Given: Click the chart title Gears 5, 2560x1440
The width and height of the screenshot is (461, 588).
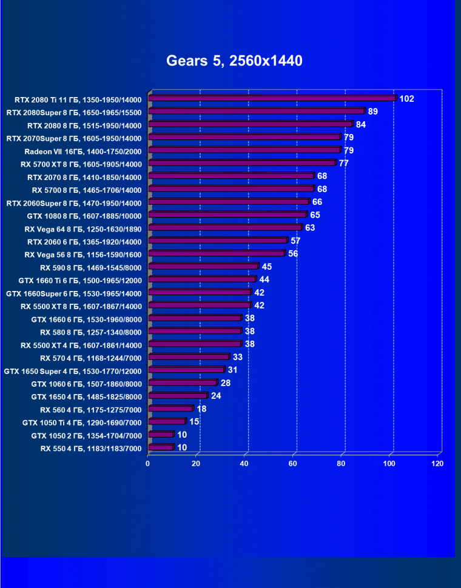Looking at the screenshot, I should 234,61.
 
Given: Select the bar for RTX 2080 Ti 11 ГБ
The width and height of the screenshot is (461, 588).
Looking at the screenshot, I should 272,98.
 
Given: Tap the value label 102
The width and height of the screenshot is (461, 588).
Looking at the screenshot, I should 406,99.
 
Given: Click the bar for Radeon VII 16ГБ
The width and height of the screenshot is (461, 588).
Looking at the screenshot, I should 244,150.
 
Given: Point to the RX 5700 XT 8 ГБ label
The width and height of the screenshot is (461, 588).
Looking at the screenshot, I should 81,164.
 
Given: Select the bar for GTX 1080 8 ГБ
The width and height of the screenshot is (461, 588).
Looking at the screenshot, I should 227,215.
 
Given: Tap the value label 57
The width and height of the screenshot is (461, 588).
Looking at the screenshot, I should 295,241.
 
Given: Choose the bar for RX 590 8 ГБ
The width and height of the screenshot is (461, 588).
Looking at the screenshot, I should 203,266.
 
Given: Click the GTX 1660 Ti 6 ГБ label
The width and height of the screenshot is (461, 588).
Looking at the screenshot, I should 79,280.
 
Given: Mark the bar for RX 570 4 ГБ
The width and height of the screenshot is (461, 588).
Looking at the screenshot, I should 188,357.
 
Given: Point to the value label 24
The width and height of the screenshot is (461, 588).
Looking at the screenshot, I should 216,396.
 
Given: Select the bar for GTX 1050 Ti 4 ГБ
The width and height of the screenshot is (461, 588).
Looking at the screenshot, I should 166,421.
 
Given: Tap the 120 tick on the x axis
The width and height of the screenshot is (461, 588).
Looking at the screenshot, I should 437,464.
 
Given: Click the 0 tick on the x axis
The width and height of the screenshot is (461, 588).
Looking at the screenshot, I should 148,464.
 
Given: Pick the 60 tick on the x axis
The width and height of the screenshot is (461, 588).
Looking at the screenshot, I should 293,464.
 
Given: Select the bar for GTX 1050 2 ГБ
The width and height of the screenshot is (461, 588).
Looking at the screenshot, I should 160,435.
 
